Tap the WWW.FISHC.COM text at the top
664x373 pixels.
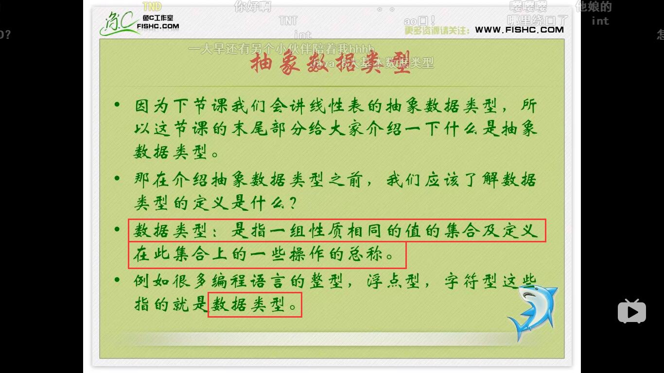[519, 30]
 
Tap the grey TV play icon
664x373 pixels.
[631, 311]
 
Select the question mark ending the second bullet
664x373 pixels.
[292, 203]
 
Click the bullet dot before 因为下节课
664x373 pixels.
[117, 104]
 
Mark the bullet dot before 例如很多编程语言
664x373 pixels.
[117, 280]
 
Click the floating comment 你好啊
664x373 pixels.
[252, 6]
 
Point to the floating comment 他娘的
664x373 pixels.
[593, 6]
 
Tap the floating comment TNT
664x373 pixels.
[288, 20]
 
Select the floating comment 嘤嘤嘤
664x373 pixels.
[528, 6]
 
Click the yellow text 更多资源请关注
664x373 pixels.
[437, 30]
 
